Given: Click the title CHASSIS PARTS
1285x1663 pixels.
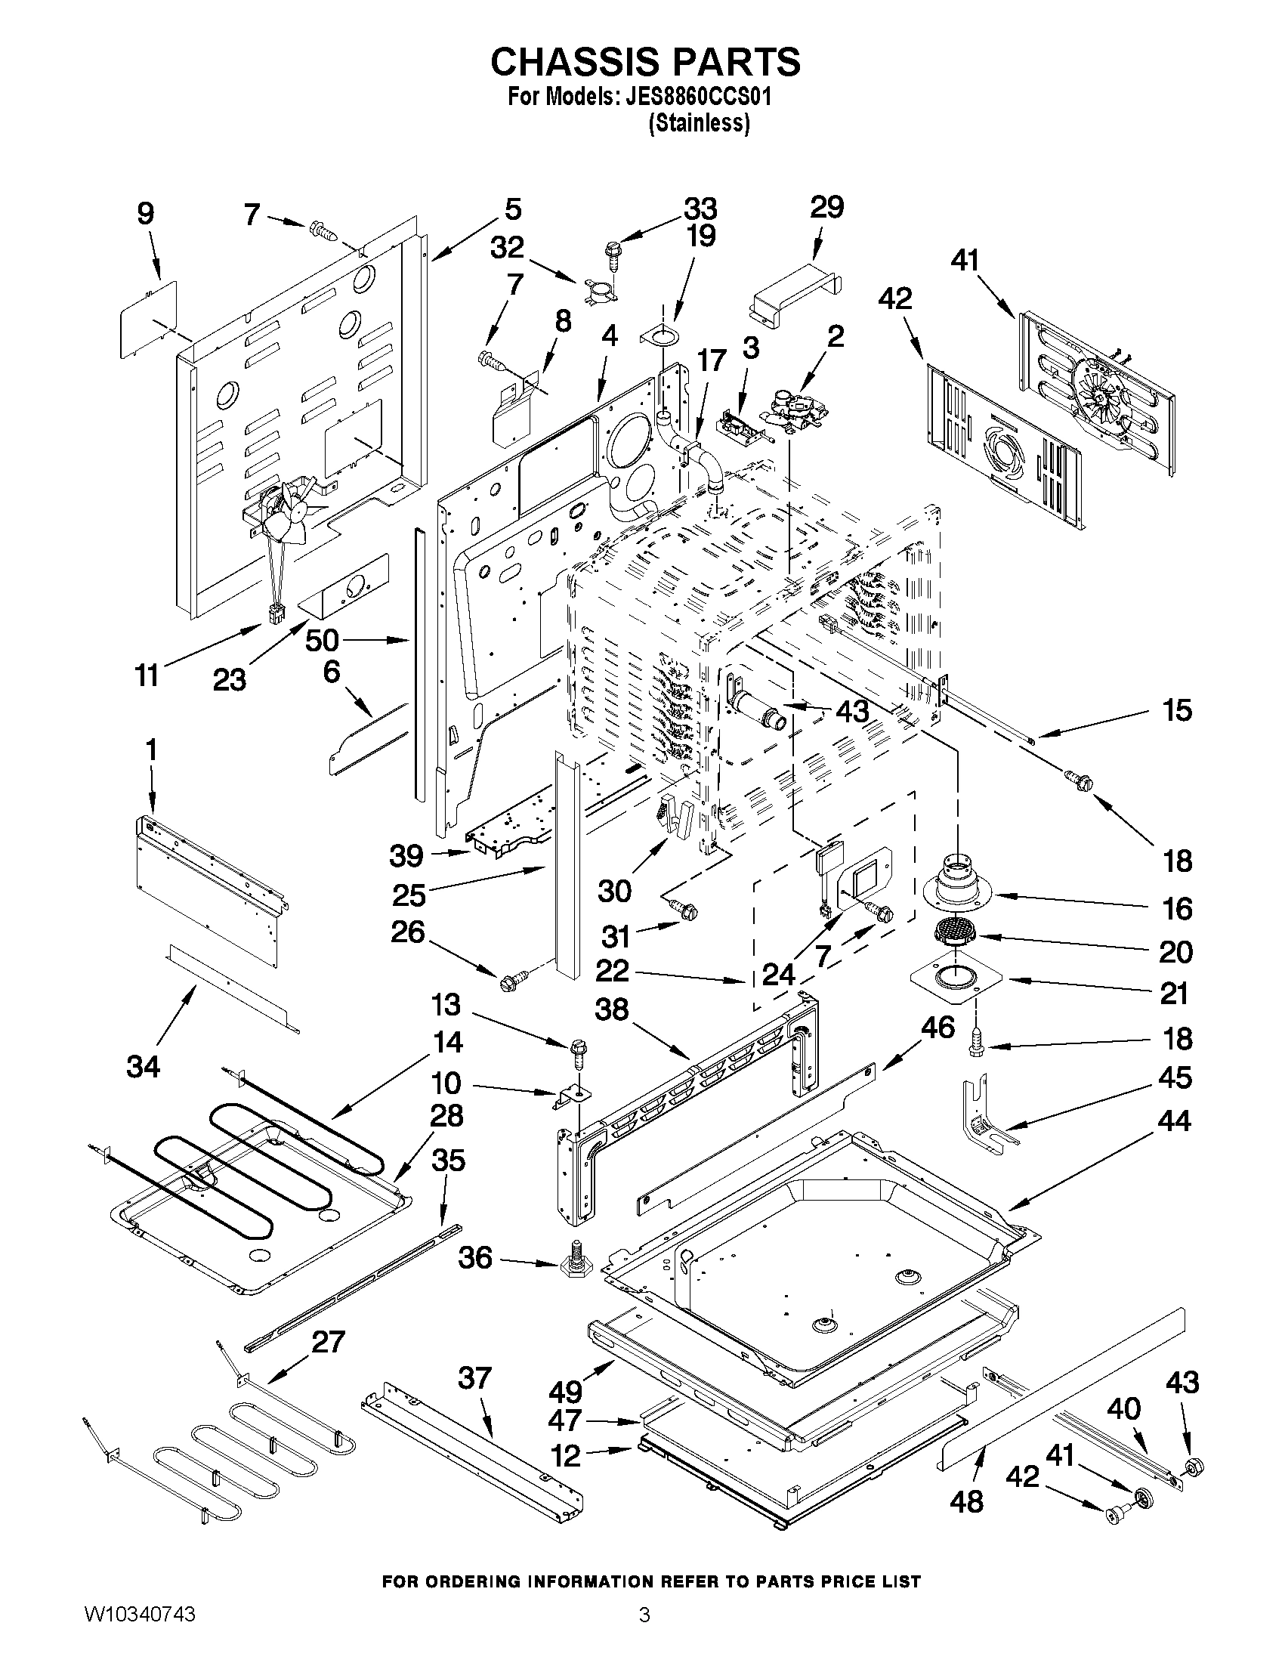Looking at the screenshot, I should [645, 62].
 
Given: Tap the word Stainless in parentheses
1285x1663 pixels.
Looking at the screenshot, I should [699, 122].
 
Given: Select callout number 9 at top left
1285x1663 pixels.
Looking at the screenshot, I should [144, 213].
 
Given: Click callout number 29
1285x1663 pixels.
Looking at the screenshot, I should [826, 207].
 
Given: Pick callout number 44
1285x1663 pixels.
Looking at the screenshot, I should [1173, 1121].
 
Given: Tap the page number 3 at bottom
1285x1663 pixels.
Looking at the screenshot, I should [644, 1634].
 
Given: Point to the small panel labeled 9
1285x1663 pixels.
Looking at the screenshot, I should [149, 317].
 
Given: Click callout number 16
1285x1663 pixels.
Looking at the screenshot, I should [1177, 908].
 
